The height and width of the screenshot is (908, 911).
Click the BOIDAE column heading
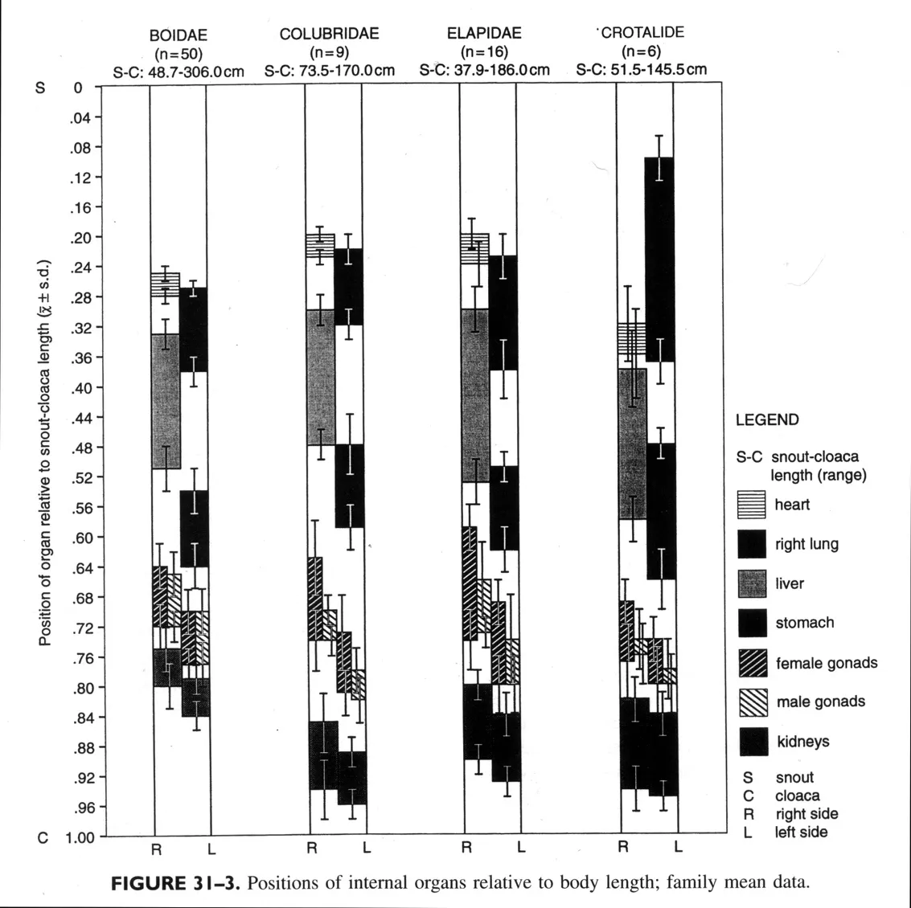tap(178, 35)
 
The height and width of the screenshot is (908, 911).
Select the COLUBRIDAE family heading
tap(329, 34)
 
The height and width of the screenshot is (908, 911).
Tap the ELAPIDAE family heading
tap(484, 33)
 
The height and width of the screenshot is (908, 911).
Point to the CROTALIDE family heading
tap(642, 33)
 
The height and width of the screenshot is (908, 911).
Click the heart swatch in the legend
tap(752, 505)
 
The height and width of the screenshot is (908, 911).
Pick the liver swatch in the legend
tap(752, 583)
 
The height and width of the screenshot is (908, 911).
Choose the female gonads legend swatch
tap(752, 663)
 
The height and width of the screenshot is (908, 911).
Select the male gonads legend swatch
tap(752, 702)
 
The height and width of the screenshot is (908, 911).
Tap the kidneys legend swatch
tap(752, 742)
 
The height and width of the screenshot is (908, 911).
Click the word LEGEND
tap(767, 419)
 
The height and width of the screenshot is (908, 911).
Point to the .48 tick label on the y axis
tap(82, 448)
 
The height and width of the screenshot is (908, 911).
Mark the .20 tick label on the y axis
tap(82, 238)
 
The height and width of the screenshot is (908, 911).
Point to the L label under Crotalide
tap(678, 847)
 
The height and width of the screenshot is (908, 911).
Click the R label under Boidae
tap(158, 848)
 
